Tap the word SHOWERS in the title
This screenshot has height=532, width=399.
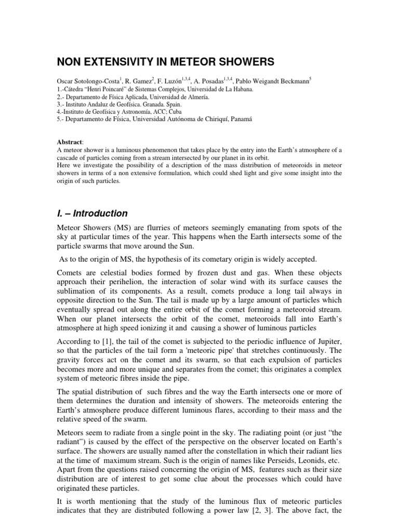click(x=244, y=62)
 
